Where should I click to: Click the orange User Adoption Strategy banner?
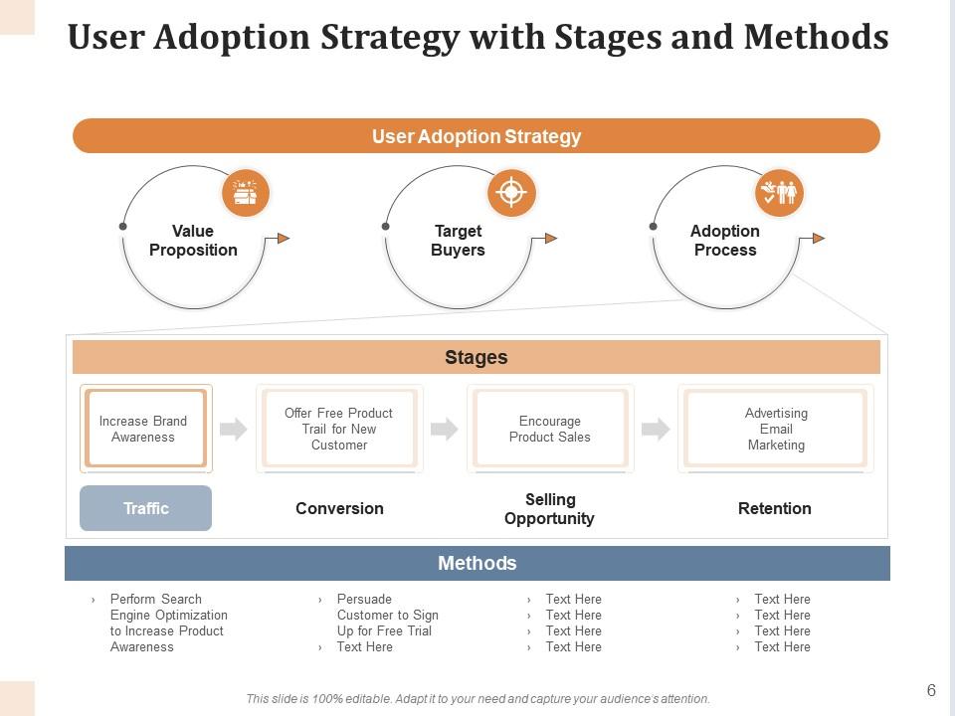point(477,136)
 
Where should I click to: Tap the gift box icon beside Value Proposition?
point(245,193)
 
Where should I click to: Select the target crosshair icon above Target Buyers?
point(511,193)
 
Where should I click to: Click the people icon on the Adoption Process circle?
point(779,193)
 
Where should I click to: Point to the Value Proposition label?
point(193,241)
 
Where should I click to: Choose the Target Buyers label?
point(458,241)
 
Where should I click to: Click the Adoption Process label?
point(725,241)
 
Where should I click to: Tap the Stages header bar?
point(477,357)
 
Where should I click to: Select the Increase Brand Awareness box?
point(145,429)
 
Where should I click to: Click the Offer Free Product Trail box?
point(339,429)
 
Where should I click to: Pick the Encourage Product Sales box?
point(550,429)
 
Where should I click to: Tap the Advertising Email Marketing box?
point(776,429)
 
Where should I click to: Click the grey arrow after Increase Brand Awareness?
point(233,429)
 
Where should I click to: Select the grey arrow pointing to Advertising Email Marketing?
point(656,429)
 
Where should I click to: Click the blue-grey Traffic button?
point(145,508)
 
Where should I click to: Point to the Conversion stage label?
point(339,508)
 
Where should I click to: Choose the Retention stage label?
point(775,508)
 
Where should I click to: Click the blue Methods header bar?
point(477,563)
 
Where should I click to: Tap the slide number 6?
point(931,690)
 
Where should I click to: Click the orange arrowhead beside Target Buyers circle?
point(550,238)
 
